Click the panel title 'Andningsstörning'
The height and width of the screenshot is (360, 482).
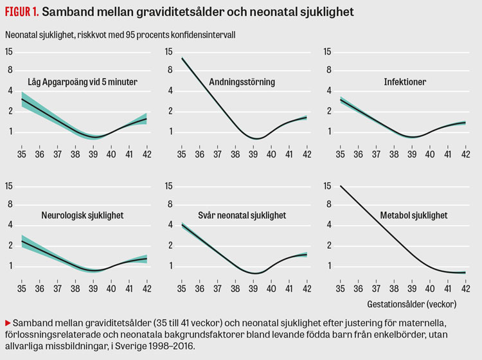[x=243, y=82]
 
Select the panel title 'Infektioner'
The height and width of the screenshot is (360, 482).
[x=405, y=82]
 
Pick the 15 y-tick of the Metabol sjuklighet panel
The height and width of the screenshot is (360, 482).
[x=326, y=186]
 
